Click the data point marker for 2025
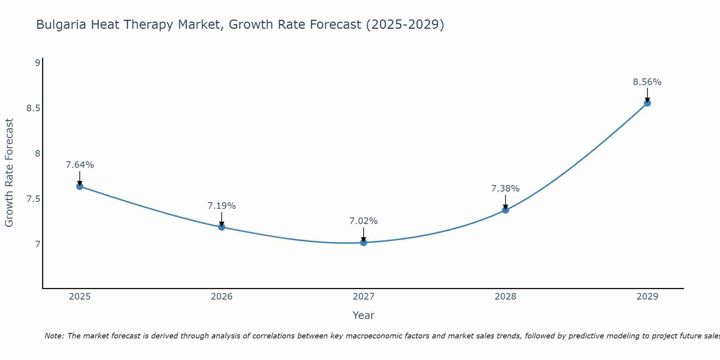click(x=80, y=186)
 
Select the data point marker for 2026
click(x=221, y=227)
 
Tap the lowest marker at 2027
click(x=364, y=243)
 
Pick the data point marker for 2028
click(x=505, y=210)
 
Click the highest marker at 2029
click(x=647, y=103)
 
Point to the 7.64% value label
click(x=80, y=165)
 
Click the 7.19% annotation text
click(x=221, y=206)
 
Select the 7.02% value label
click(x=364, y=221)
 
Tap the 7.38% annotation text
click(x=505, y=189)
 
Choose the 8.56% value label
click(x=647, y=82)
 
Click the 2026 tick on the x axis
click(x=221, y=297)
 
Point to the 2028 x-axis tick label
click(x=505, y=297)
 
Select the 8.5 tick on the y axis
click(x=33, y=108)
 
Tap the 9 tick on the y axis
click(x=37, y=63)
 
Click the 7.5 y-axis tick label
click(x=33, y=199)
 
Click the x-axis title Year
click(x=364, y=315)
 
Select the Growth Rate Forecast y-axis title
click(x=9, y=173)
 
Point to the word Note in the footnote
click(x=54, y=336)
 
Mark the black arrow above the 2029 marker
click(x=647, y=95)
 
